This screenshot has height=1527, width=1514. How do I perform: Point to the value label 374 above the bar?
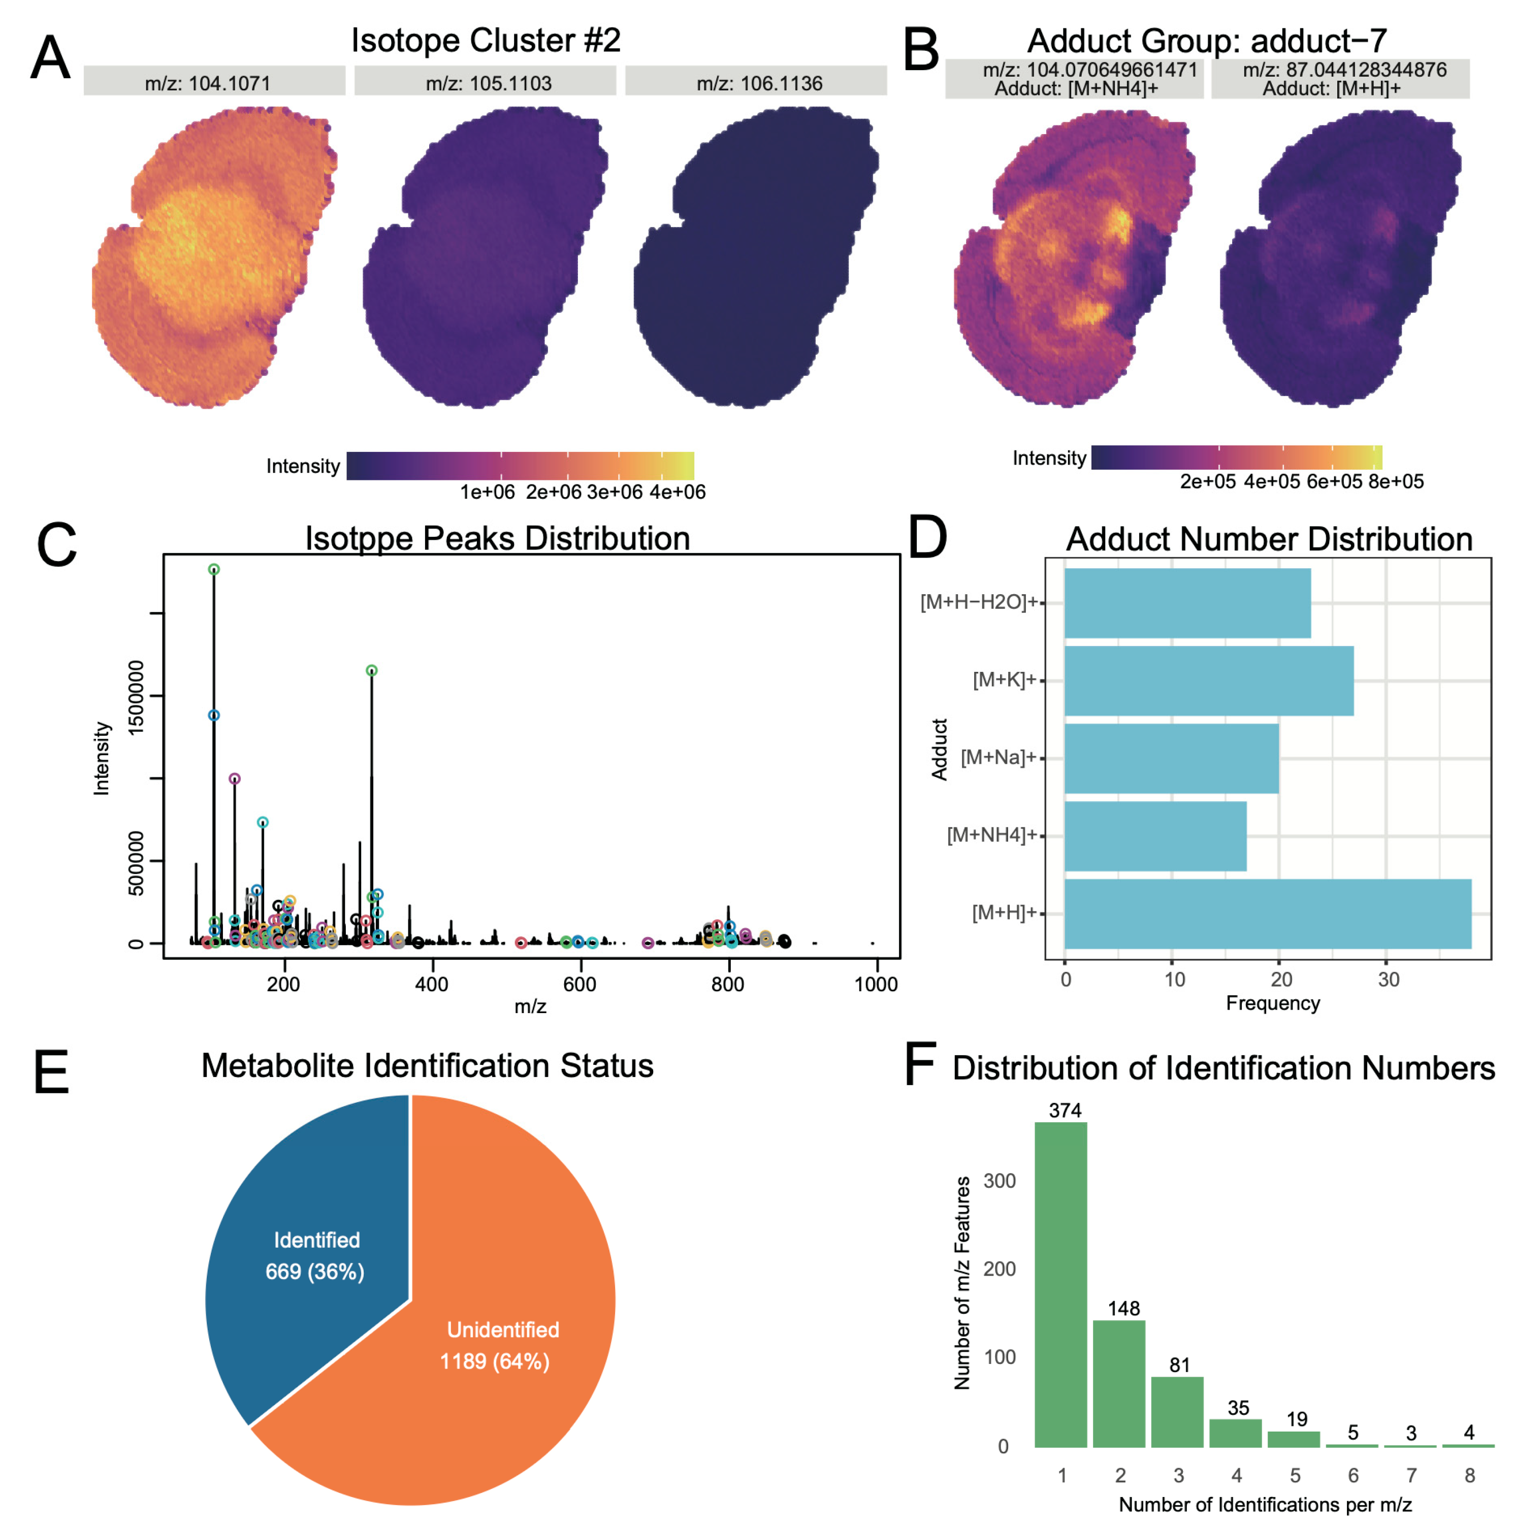tap(1064, 1110)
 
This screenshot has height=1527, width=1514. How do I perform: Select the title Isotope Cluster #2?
tap(486, 40)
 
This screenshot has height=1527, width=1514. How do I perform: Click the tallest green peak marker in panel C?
tap(213, 569)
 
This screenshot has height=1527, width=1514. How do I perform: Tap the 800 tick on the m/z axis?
tap(727, 984)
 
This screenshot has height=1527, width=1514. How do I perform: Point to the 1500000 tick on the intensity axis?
tap(136, 696)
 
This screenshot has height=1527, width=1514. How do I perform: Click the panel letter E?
tap(51, 1072)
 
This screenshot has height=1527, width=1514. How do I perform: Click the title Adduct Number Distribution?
tap(1268, 539)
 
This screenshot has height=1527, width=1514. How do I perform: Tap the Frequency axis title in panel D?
tap(1272, 1003)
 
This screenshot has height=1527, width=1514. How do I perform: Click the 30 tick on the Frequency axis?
tap(1388, 979)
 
